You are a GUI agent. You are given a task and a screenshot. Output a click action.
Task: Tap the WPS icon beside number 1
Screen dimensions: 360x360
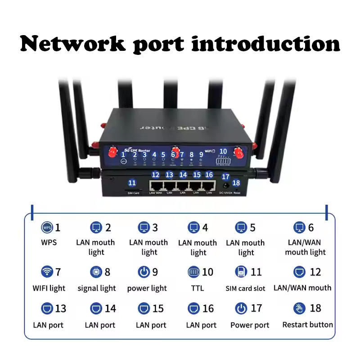(x=46, y=227)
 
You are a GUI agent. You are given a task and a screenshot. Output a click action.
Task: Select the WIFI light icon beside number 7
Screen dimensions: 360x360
(x=46, y=272)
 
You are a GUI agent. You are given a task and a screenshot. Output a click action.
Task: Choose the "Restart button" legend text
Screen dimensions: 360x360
(x=307, y=324)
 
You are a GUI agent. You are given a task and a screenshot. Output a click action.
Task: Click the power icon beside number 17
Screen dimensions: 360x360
(x=242, y=309)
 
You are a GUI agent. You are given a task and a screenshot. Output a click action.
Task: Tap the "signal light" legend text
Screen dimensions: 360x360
(x=97, y=288)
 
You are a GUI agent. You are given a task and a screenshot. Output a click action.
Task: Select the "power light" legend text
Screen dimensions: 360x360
(x=147, y=288)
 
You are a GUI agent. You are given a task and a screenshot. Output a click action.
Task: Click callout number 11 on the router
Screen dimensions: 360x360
(x=132, y=183)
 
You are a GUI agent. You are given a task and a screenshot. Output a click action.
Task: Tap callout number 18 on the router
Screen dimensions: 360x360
(x=236, y=182)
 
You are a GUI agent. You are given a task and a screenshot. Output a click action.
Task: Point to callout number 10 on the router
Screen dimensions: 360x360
(x=223, y=152)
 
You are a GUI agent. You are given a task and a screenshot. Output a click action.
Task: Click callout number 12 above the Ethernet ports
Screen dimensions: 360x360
(x=156, y=174)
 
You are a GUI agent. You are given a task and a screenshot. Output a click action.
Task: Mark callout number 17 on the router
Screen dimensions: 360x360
(x=226, y=177)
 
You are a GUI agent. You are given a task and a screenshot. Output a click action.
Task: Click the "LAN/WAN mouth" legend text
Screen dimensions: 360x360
(x=302, y=288)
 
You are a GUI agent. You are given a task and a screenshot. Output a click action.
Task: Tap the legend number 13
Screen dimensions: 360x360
(x=60, y=309)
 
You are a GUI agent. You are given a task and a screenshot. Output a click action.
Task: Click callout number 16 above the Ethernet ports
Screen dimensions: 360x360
(x=209, y=174)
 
